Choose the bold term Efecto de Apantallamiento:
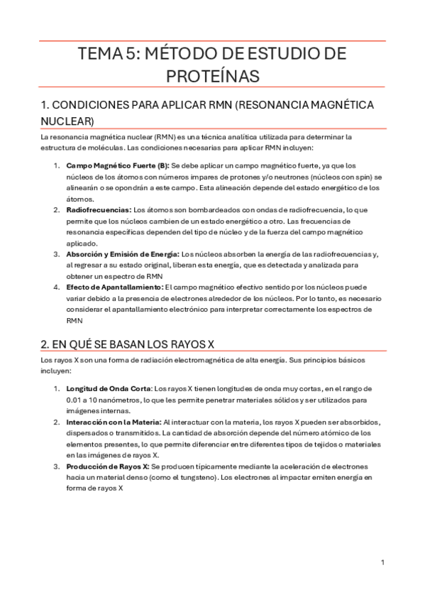pos(114,287)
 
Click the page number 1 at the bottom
pos(382,562)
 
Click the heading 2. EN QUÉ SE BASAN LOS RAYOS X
pos(128,344)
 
